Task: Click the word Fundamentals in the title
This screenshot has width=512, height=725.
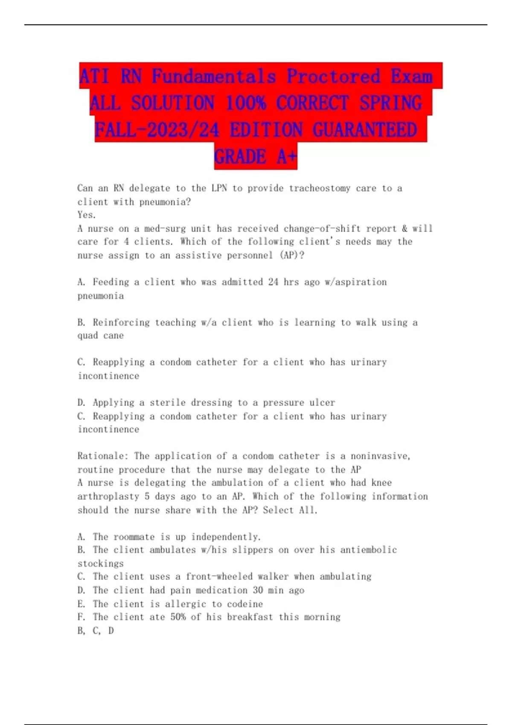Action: [x=214, y=77]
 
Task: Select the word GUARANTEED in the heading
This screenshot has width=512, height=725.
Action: [x=365, y=130]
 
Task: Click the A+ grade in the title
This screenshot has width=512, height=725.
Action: [x=286, y=157]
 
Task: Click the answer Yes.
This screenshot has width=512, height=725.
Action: [x=87, y=215]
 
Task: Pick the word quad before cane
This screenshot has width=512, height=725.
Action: [x=88, y=336]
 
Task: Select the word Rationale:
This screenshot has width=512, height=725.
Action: [x=103, y=456]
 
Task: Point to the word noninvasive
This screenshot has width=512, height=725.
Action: [x=380, y=456]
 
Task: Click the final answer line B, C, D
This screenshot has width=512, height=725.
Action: [x=96, y=631]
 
